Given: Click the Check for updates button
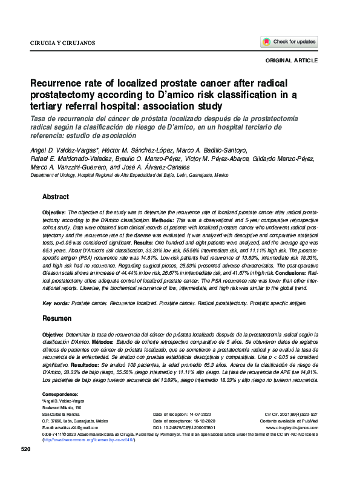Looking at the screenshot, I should pos(289,42).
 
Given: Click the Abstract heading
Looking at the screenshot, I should pos(56,197).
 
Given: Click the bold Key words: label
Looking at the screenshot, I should pos(55,302).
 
